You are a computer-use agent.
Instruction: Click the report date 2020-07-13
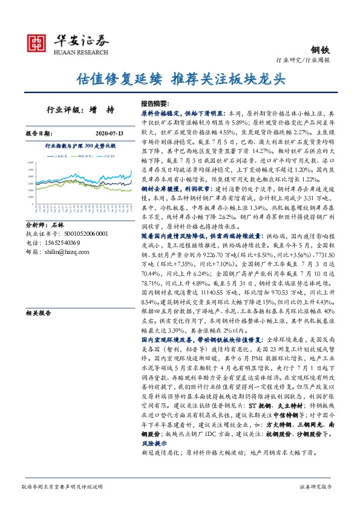109,132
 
